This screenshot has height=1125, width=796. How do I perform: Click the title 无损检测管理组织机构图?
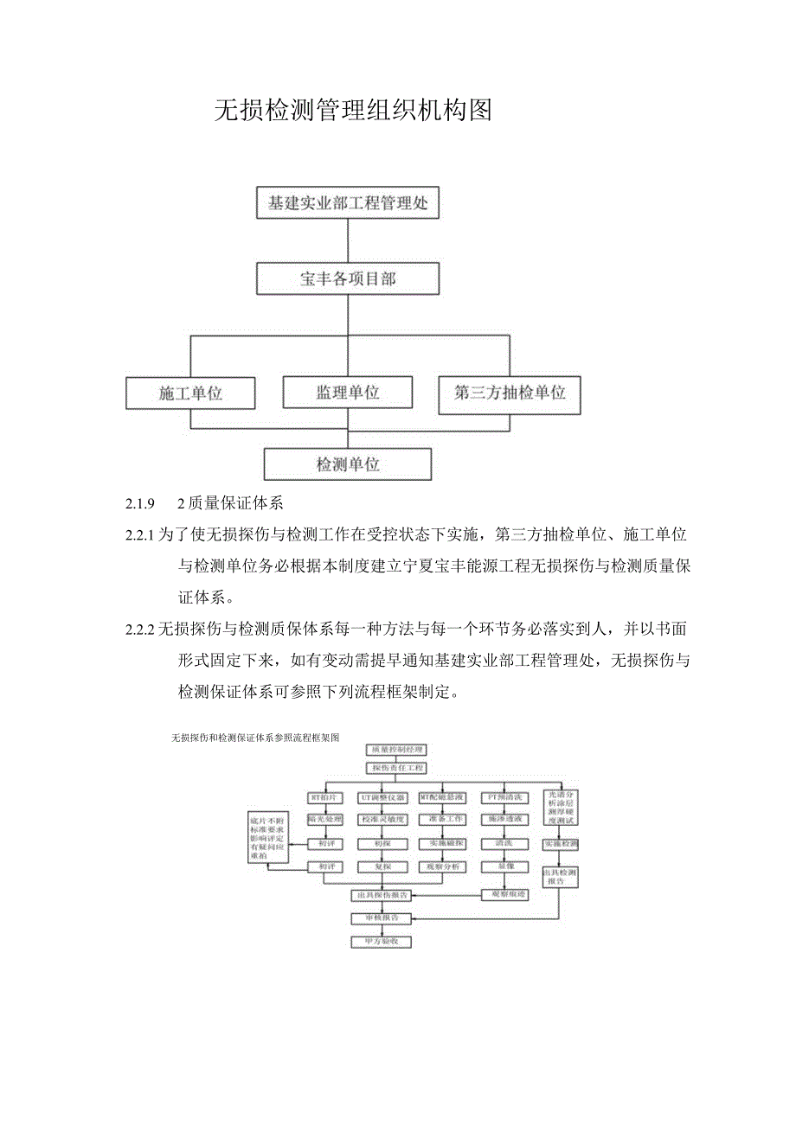pos(352,111)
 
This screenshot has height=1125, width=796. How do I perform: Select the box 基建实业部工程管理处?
pos(348,205)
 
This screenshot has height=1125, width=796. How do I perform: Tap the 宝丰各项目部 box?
pos(348,279)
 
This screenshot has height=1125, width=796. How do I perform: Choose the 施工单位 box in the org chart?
pos(190,393)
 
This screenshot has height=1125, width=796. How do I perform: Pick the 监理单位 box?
pos(348,393)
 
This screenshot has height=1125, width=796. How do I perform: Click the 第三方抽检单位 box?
pos(510,393)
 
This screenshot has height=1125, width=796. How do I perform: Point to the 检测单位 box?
pos(348,464)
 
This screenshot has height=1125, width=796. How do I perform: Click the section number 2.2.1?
pos(139,536)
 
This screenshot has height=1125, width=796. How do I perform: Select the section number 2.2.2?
pos(139,629)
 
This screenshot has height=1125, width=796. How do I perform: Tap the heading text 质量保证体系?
pos(242,503)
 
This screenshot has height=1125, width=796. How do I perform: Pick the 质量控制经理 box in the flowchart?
pos(396,749)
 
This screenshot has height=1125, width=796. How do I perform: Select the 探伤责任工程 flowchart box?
pos(396,768)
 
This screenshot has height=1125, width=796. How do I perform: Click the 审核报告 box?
pos(382,917)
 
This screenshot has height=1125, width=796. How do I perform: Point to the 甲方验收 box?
pos(382,941)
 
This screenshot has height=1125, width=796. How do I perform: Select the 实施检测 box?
pos(561,843)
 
